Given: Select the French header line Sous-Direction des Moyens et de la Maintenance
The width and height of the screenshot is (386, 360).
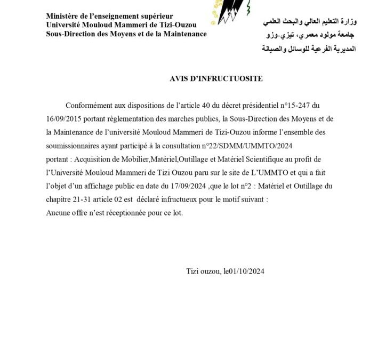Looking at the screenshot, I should [x=126, y=34].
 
